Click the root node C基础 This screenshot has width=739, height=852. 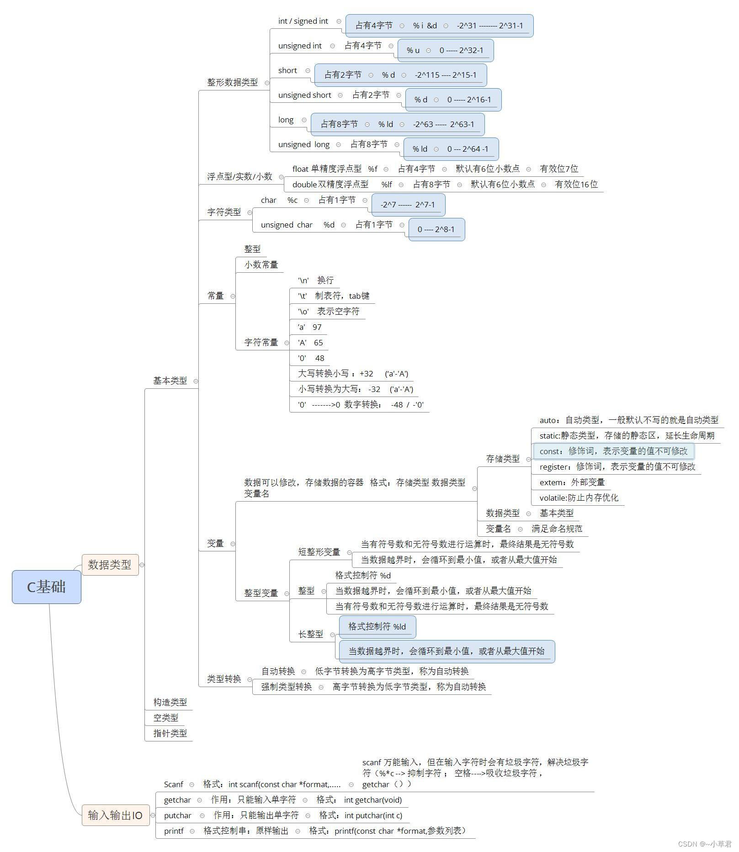[x=46, y=587]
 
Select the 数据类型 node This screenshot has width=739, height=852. [x=110, y=565]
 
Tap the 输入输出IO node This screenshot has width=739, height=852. [x=115, y=815]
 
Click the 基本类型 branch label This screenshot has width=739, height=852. [x=170, y=381]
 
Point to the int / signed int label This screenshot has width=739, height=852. [x=303, y=21]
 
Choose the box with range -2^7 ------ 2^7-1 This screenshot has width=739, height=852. [x=408, y=205]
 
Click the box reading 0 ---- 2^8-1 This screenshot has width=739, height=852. [x=436, y=229]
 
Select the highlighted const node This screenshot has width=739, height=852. [x=613, y=451]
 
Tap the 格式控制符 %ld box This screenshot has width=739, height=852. [x=377, y=626]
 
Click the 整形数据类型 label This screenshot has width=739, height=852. [x=232, y=82]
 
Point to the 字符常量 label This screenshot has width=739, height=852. [x=261, y=342]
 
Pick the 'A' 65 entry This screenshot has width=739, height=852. [x=310, y=343]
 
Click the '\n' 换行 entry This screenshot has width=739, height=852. [x=316, y=280]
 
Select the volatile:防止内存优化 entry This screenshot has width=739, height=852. [x=579, y=497]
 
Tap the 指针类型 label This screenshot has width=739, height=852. [x=170, y=733]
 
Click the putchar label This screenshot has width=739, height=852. [x=177, y=815]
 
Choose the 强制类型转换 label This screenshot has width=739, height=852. [x=287, y=687]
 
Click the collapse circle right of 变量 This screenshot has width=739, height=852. [x=233, y=544]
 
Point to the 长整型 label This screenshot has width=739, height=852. [x=311, y=634]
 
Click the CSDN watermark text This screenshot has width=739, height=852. [x=704, y=844]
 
